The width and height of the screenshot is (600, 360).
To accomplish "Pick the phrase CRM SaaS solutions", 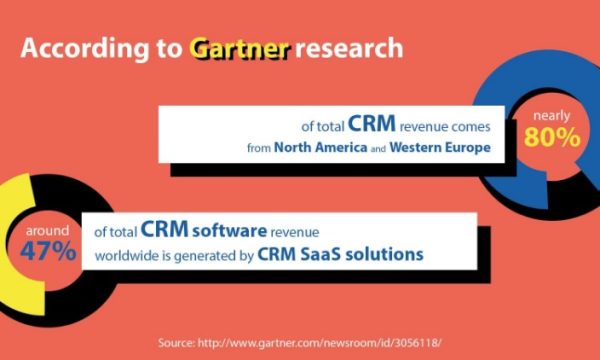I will (x=340, y=254).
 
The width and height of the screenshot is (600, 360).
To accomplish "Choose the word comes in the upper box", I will (x=469, y=127).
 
